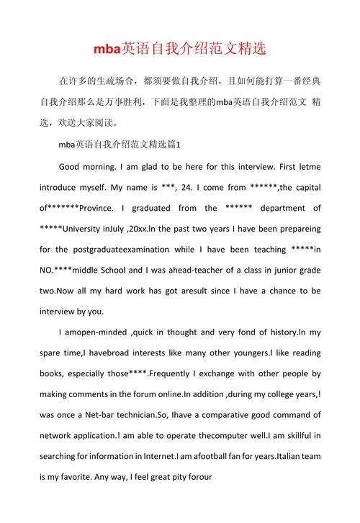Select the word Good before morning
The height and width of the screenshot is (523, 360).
[x=72, y=166]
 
